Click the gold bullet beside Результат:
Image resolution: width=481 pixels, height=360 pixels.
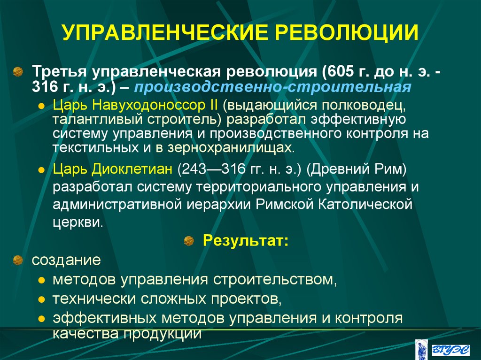[189, 241]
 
